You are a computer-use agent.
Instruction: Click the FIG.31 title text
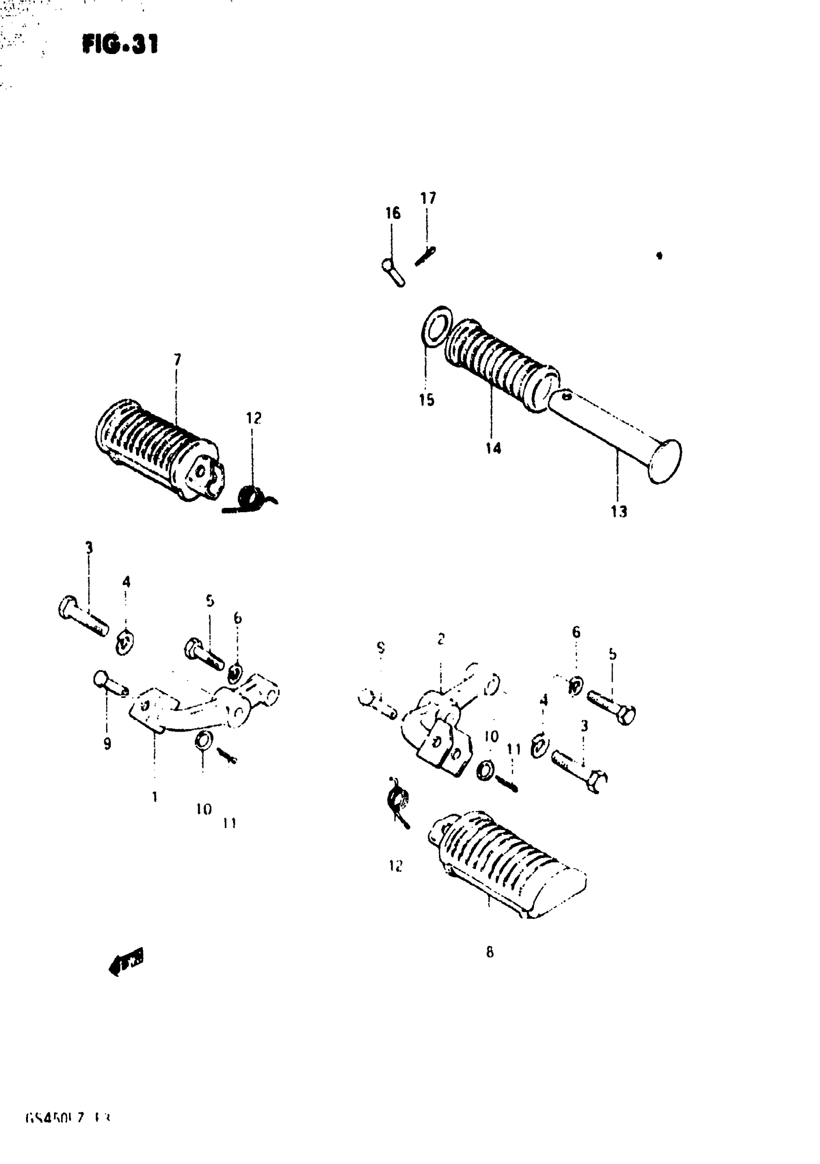click(x=120, y=44)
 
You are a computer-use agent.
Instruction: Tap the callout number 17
click(x=428, y=198)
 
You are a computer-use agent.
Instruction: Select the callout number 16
click(x=392, y=213)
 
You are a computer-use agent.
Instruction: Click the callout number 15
click(x=427, y=400)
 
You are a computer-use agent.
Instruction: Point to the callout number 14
click(x=492, y=448)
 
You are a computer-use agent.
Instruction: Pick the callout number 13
click(x=618, y=511)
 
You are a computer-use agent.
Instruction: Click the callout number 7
click(x=177, y=360)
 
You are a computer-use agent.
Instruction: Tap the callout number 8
click(x=489, y=952)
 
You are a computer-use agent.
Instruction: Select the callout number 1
click(x=155, y=796)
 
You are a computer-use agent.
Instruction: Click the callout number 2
click(x=441, y=639)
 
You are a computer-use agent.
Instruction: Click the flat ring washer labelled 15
click(x=437, y=326)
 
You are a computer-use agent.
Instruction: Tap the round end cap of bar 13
click(x=665, y=461)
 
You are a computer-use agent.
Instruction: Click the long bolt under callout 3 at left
click(x=84, y=616)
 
